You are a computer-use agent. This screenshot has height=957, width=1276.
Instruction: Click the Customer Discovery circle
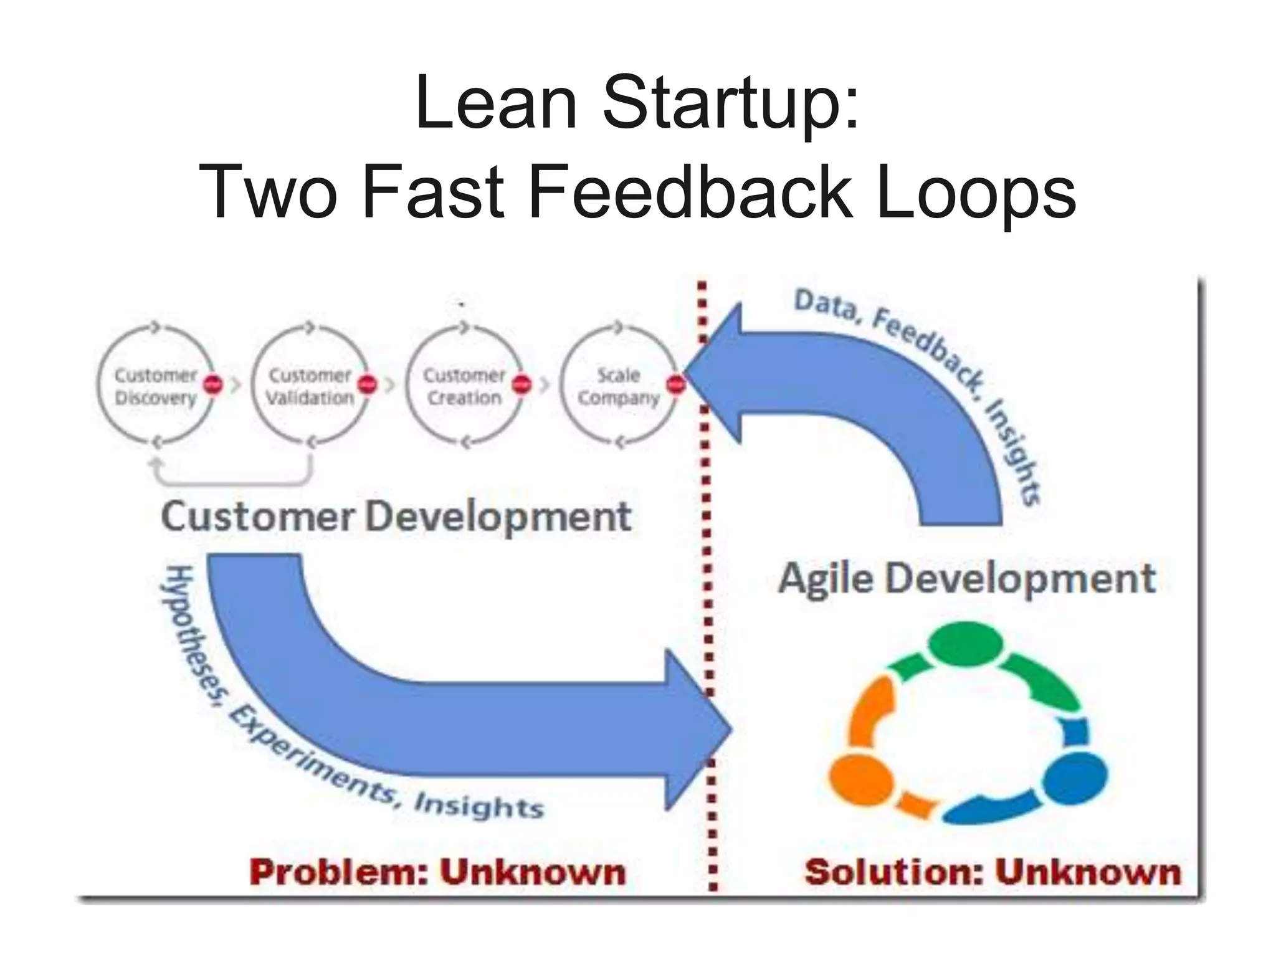[155, 386]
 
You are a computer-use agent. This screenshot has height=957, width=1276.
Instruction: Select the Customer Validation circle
[310, 386]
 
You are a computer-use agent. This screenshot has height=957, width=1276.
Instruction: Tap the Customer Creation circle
[464, 386]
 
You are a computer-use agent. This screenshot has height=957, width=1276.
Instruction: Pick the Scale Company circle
[618, 386]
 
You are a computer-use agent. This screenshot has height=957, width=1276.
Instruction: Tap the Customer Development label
[396, 517]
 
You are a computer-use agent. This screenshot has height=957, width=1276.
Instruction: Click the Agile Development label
[967, 579]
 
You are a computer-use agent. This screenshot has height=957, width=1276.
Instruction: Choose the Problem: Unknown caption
[438, 872]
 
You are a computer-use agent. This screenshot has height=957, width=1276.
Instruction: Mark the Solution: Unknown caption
[993, 872]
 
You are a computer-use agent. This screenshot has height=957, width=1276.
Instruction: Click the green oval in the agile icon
[966, 644]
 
